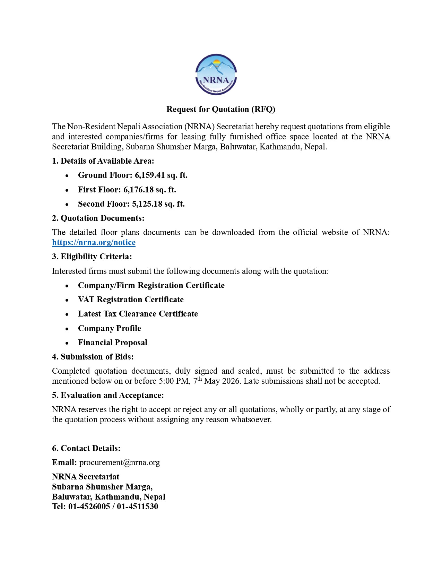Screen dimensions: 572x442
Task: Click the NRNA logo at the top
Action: [x=216, y=75]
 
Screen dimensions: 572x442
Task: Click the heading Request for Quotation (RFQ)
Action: [x=220, y=109]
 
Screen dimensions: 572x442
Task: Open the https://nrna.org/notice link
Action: [x=94, y=242]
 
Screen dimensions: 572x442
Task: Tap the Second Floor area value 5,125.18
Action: [x=147, y=204]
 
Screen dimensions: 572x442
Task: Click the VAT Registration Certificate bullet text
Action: [x=131, y=300]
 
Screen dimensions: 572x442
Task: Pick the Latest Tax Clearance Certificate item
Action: [x=138, y=314]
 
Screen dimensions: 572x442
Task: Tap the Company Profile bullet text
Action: [x=109, y=328]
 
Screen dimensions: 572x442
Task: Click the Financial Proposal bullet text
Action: [x=112, y=343]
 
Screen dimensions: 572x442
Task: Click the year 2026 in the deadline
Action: [x=231, y=381]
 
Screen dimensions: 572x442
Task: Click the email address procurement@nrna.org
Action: [x=120, y=462]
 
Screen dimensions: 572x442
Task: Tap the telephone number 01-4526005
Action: [x=89, y=506]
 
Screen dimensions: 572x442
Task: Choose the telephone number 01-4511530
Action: [x=137, y=506]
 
